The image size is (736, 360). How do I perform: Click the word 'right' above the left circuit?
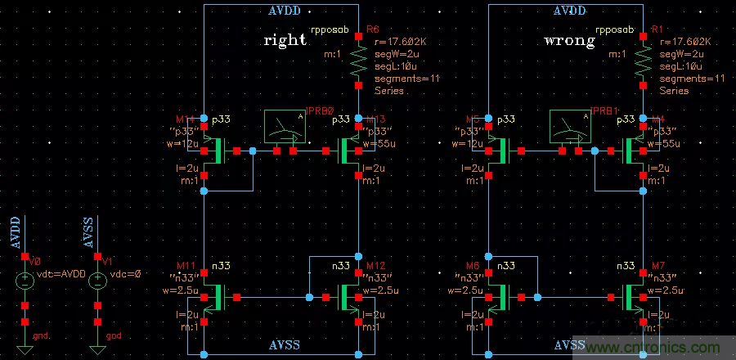tap(285, 40)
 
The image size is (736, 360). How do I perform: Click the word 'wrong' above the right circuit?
tap(570, 40)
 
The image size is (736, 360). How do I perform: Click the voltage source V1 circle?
tap(96, 281)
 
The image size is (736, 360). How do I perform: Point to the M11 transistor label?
tap(188, 266)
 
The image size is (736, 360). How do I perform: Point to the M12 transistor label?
tap(374, 266)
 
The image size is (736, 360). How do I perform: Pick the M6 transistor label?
tap(471, 266)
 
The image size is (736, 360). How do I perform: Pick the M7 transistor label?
tap(657, 266)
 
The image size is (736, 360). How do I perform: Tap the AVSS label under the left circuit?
tap(285, 345)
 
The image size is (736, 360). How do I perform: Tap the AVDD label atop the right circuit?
tap(570, 11)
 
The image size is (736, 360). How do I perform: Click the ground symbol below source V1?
tap(96, 349)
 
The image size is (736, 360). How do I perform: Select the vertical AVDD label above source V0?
tap(15, 234)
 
